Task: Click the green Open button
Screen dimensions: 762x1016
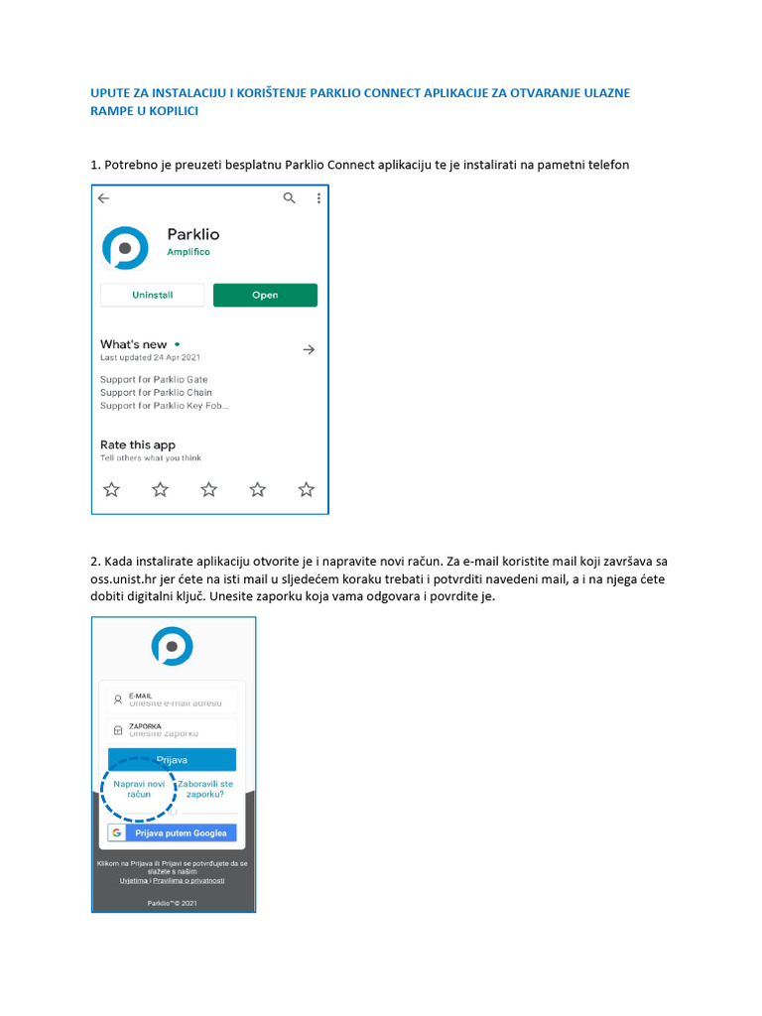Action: (x=265, y=295)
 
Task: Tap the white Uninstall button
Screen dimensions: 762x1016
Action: (x=152, y=295)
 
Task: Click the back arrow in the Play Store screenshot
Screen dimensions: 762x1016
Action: (x=104, y=198)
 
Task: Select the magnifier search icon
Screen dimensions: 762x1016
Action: (x=289, y=198)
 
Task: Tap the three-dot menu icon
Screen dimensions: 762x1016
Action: (x=318, y=198)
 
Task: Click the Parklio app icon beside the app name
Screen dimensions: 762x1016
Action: (x=125, y=247)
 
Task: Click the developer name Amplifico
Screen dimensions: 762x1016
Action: (x=189, y=252)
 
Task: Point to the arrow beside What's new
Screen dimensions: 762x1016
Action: (x=309, y=349)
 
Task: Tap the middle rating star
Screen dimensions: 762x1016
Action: (x=208, y=489)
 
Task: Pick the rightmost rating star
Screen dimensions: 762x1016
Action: (x=307, y=489)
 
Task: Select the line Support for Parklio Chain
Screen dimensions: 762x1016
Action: (x=156, y=392)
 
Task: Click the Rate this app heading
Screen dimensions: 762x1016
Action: (x=138, y=444)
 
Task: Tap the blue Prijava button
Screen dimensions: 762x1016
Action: (x=173, y=760)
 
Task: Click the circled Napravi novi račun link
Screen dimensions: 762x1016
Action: (x=139, y=789)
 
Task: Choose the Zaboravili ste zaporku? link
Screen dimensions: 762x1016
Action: (x=205, y=789)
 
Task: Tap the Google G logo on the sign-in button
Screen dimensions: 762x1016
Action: (x=117, y=832)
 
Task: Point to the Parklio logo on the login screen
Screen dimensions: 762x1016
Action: (x=172, y=646)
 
